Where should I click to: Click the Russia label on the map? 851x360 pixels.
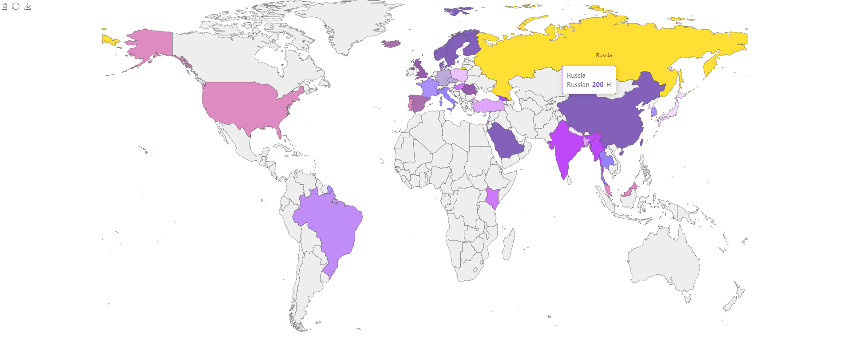tap(604, 55)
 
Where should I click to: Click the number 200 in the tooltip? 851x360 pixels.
tap(598, 85)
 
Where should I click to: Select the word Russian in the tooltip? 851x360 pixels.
tap(578, 85)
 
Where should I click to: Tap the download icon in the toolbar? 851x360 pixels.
tap(28, 6)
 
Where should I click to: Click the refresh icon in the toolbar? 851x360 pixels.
tap(16, 6)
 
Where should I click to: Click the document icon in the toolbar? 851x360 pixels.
tap(4, 6)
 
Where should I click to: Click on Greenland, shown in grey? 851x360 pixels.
tap(355, 22)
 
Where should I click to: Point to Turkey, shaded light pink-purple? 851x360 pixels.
tap(487, 106)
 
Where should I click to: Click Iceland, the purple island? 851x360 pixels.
tap(391, 44)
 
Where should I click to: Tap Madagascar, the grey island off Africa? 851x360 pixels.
tap(509, 244)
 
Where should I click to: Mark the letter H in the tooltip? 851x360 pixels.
tap(609, 85)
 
